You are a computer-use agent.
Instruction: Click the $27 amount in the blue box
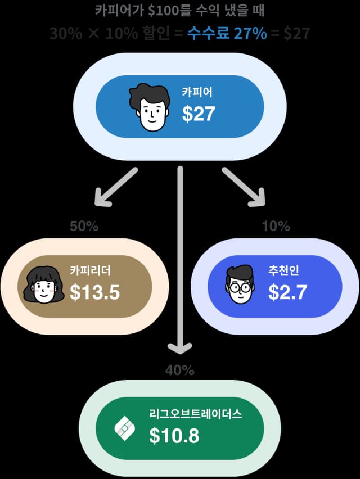point(199,114)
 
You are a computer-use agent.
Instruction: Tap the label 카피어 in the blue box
point(197,93)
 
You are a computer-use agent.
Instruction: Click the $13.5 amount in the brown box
point(95,292)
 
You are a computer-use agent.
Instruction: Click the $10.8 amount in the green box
point(174,436)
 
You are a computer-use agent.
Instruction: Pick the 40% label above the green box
point(180,370)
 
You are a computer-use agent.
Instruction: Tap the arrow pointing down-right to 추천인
point(244,186)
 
